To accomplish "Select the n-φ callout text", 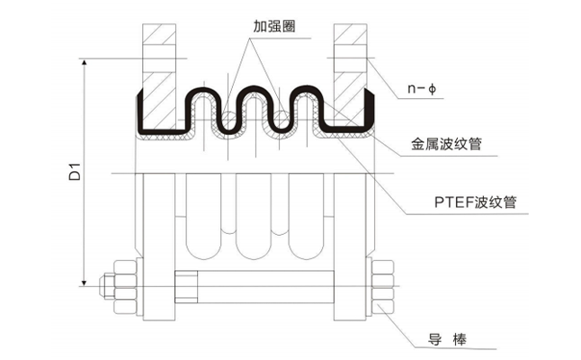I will click(x=419, y=88).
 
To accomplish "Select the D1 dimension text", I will click(x=75, y=171).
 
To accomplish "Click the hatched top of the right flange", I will click(x=351, y=40).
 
